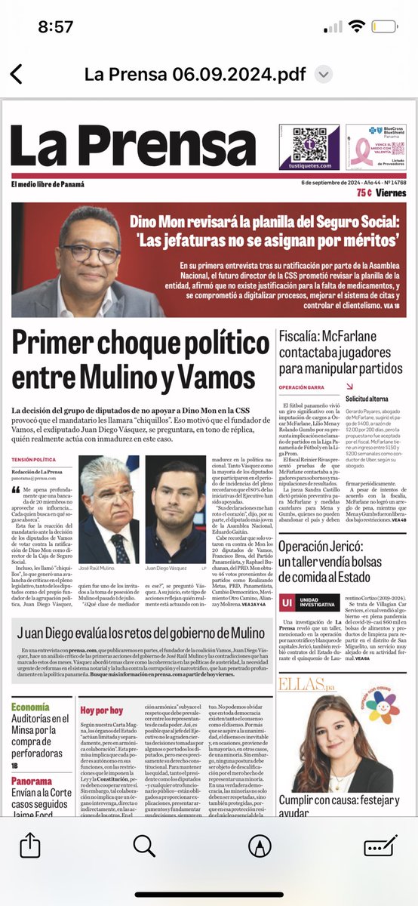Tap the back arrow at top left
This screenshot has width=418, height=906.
[x=16, y=74]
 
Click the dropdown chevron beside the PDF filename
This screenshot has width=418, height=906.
[x=324, y=74]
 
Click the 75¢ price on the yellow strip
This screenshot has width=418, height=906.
[x=368, y=192]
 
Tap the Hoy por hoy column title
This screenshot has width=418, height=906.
[x=102, y=710]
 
